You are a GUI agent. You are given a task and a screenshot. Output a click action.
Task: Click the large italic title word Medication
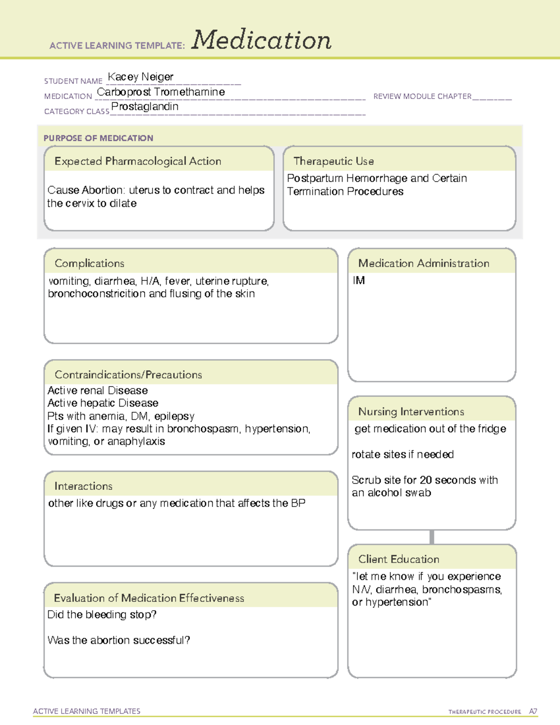(x=261, y=40)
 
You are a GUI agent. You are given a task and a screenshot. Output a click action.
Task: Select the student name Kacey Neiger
(x=140, y=77)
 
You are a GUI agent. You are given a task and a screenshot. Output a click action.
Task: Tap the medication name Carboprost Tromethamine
(x=161, y=92)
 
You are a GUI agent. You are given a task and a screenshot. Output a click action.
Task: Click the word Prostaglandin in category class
(x=145, y=106)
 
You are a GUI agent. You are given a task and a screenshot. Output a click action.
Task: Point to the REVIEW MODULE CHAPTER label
(x=422, y=96)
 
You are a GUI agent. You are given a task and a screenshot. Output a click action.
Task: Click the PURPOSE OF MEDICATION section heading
(x=98, y=138)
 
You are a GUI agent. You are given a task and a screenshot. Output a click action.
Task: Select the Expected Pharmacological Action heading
(x=138, y=161)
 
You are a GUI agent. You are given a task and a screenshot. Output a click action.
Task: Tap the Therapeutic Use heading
(x=334, y=161)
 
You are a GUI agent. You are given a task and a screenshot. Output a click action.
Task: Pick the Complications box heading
(x=90, y=263)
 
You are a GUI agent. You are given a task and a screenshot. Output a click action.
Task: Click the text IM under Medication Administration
(x=359, y=280)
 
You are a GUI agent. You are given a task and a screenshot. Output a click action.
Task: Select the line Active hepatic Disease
(x=103, y=403)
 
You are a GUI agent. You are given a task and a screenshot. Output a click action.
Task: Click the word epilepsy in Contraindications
(x=174, y=416)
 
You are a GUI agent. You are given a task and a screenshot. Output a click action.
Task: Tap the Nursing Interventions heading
(x=411, y=412)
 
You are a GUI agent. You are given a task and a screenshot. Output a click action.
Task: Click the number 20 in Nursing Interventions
(x=425, y=480)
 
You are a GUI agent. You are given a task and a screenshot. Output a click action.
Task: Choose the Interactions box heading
(x=84, y=486)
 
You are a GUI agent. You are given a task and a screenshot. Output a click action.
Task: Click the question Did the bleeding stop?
(x=102, y=614)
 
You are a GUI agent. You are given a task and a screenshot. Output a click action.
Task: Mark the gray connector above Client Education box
(x=432, y=537)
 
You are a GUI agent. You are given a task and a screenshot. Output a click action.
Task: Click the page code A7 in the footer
(x=533, y=711)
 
